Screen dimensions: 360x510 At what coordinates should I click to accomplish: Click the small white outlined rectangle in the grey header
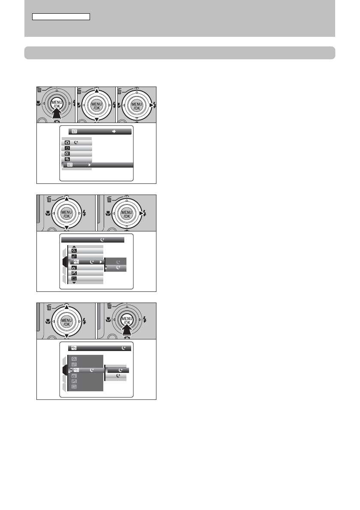pos(61,17)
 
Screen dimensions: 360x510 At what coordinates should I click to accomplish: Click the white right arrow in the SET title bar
pos(114,132)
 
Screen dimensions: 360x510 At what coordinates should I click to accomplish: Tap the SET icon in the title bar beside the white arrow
pos(74,132)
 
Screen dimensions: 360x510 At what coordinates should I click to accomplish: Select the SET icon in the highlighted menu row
pos(69,165)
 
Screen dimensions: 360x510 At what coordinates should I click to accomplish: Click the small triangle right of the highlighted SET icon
pos(90,165)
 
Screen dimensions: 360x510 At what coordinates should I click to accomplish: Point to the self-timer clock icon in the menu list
pos(67,148)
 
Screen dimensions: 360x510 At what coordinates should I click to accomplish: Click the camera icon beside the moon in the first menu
pos(67,142)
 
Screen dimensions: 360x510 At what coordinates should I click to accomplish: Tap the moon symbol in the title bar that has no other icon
pos(102,240)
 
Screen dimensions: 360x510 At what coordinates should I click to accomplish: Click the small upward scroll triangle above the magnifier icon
pos(74,247)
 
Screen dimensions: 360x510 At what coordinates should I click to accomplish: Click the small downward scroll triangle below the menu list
pos(74,283)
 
